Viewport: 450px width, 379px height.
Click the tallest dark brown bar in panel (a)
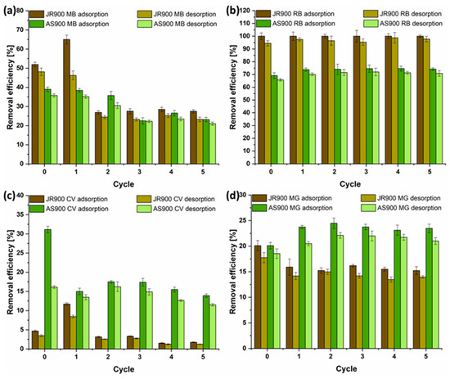click(x=66, y=102)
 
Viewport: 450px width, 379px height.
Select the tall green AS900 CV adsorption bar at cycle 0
click(x=47, y=289)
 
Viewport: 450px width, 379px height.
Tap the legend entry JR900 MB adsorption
click(x=69, y=14)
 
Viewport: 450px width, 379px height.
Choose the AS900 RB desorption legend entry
click(x=403, y=23)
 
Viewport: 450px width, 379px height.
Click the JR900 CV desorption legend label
click(x=183, y=199)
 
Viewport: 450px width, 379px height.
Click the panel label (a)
click(x=9, y=11)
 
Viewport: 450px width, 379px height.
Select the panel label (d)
click(x=232, y=196)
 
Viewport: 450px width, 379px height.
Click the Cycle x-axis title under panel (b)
click(x=350, y=184)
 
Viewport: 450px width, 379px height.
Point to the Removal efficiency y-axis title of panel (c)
click(x=11, y=272)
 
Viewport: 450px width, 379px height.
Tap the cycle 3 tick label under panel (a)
click(x=139, y=172)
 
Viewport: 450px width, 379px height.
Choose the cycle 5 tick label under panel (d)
click(x=425, y=356)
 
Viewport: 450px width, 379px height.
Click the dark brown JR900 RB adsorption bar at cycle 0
click(x=262, y=100)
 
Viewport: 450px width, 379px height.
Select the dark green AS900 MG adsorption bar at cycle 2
click(x=334, y=286)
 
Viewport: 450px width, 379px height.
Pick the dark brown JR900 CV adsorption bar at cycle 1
click(x=66, y=327)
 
